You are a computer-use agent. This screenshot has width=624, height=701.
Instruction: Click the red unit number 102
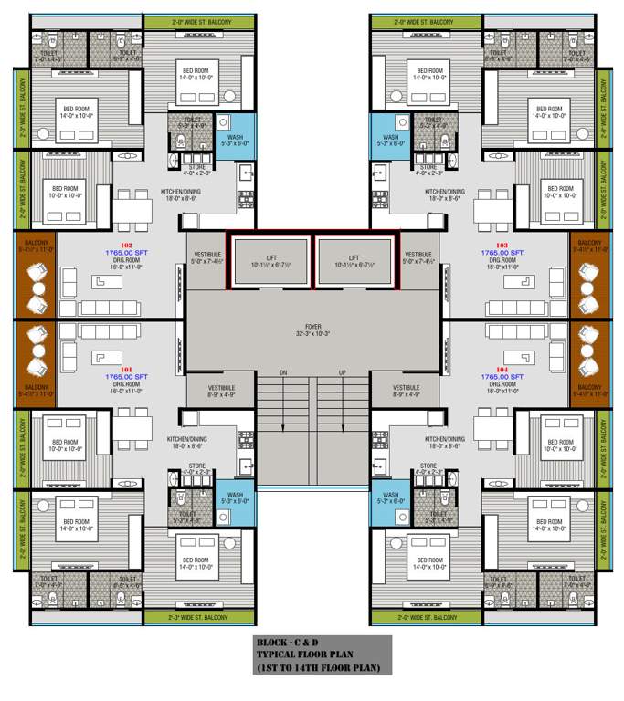tap(127, 246)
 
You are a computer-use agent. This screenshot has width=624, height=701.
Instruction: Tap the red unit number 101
tap(127, 369)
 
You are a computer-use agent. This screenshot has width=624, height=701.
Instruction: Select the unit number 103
tap(501, 246)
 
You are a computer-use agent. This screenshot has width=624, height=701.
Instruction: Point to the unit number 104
tap(501, 369)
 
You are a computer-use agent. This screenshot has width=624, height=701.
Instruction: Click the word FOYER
tap(313, 326)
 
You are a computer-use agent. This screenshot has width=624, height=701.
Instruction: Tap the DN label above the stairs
tap(282, 373)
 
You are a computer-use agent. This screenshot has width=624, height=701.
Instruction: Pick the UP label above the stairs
tap(343, 373)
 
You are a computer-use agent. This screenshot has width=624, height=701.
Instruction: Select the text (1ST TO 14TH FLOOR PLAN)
tap(323, 669)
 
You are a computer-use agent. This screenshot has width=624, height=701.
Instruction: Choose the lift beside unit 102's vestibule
tap(271, 262)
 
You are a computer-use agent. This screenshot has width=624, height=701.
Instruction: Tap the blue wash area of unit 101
tap(235, 500)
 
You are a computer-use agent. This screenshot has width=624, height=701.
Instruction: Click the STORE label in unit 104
tap(428, 466)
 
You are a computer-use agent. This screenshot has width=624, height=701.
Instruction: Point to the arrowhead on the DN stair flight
tap(282, 427)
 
